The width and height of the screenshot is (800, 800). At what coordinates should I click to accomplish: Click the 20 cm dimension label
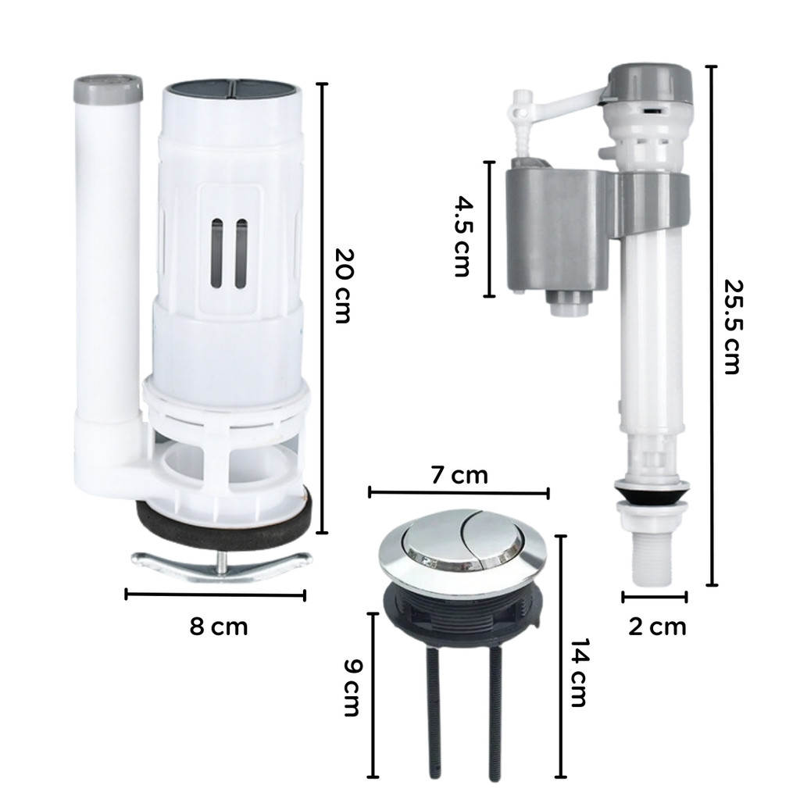coord(343,286)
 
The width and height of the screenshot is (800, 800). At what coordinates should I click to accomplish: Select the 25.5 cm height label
coord(732,327)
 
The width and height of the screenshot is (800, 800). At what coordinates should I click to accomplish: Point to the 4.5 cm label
coord(462,237)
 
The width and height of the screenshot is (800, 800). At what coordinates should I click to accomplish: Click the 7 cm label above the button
coord(459,475)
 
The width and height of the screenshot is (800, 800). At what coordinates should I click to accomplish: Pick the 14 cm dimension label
coord(578,673)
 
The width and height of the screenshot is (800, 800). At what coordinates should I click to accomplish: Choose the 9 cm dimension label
coord(352,687)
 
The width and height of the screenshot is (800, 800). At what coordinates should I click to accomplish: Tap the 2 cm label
coord(657,627)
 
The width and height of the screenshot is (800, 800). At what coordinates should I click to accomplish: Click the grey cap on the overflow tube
coord(108,88)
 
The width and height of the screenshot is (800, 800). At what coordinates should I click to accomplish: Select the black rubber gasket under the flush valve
coord(224,526)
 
